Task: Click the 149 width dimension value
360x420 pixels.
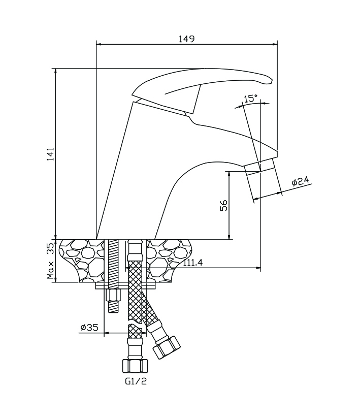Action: [187, 39]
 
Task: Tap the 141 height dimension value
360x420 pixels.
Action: [50, 154]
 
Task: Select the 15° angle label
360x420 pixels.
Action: [250, 99]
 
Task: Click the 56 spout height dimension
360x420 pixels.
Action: [224, 205]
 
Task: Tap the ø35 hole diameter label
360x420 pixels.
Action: [89, 328]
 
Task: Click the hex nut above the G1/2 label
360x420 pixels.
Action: [135, 365]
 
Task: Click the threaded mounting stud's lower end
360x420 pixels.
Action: [113, 307]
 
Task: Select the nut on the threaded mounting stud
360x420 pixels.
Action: [113, 295]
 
